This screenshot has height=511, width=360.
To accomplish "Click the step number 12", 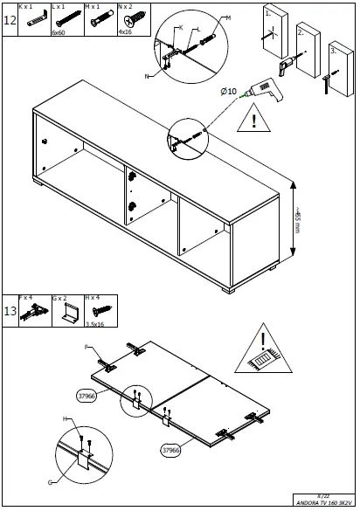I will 10,20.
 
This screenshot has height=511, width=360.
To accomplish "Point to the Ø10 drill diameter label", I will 229,91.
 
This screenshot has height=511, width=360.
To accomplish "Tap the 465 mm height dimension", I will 298,223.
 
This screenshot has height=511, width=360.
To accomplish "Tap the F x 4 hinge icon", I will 29,313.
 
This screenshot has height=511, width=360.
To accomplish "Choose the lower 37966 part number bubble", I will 171,451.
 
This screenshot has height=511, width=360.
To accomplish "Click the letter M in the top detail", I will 228,18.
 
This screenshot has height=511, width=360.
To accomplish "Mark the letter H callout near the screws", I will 65,419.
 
